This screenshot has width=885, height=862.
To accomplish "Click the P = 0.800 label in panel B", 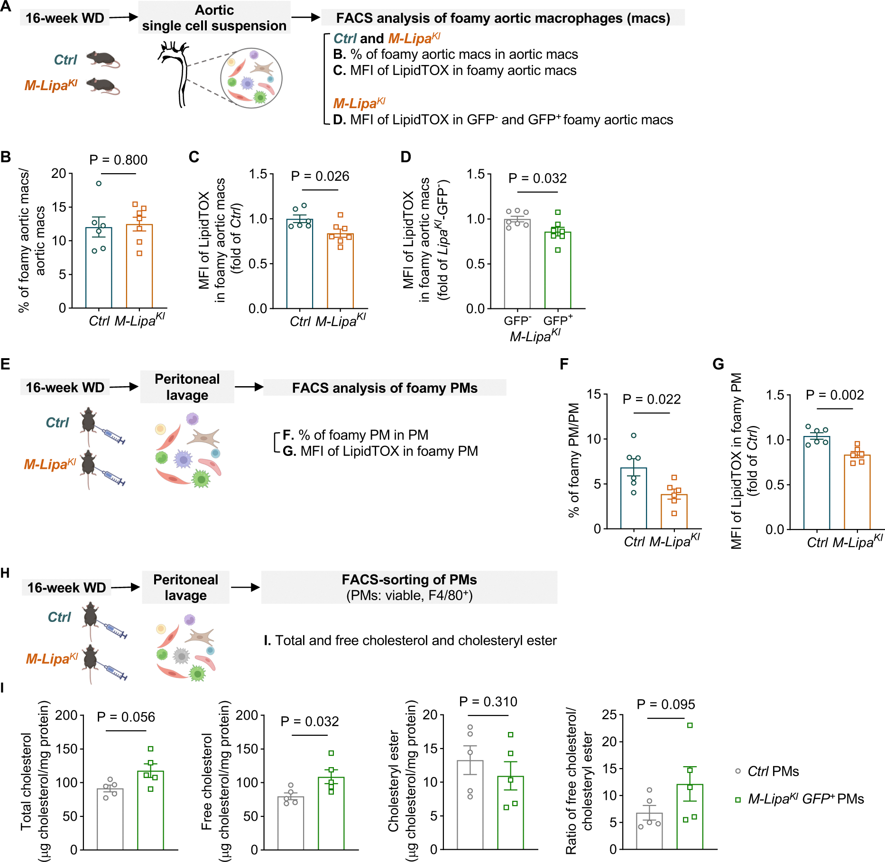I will click(x=118, y=160).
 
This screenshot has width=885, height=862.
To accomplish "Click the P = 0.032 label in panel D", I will click(x=537, y=178).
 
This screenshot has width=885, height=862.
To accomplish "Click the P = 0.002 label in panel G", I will click(x=835, y=395).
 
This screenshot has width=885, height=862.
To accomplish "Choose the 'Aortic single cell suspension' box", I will click(x=214, y=18).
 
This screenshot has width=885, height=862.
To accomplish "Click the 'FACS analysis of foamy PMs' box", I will click(x=385, y=388).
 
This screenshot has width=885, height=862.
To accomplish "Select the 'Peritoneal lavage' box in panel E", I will click(x=187, y=387).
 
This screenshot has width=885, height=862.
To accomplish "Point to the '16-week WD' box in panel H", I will click(x=66, y=588).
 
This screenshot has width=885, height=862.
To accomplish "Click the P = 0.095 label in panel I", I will click(x=665, y=704).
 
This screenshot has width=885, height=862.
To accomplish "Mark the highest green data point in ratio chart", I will click(x=690, y=725).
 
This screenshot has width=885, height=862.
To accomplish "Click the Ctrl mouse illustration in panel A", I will click(x=103, y=59).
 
